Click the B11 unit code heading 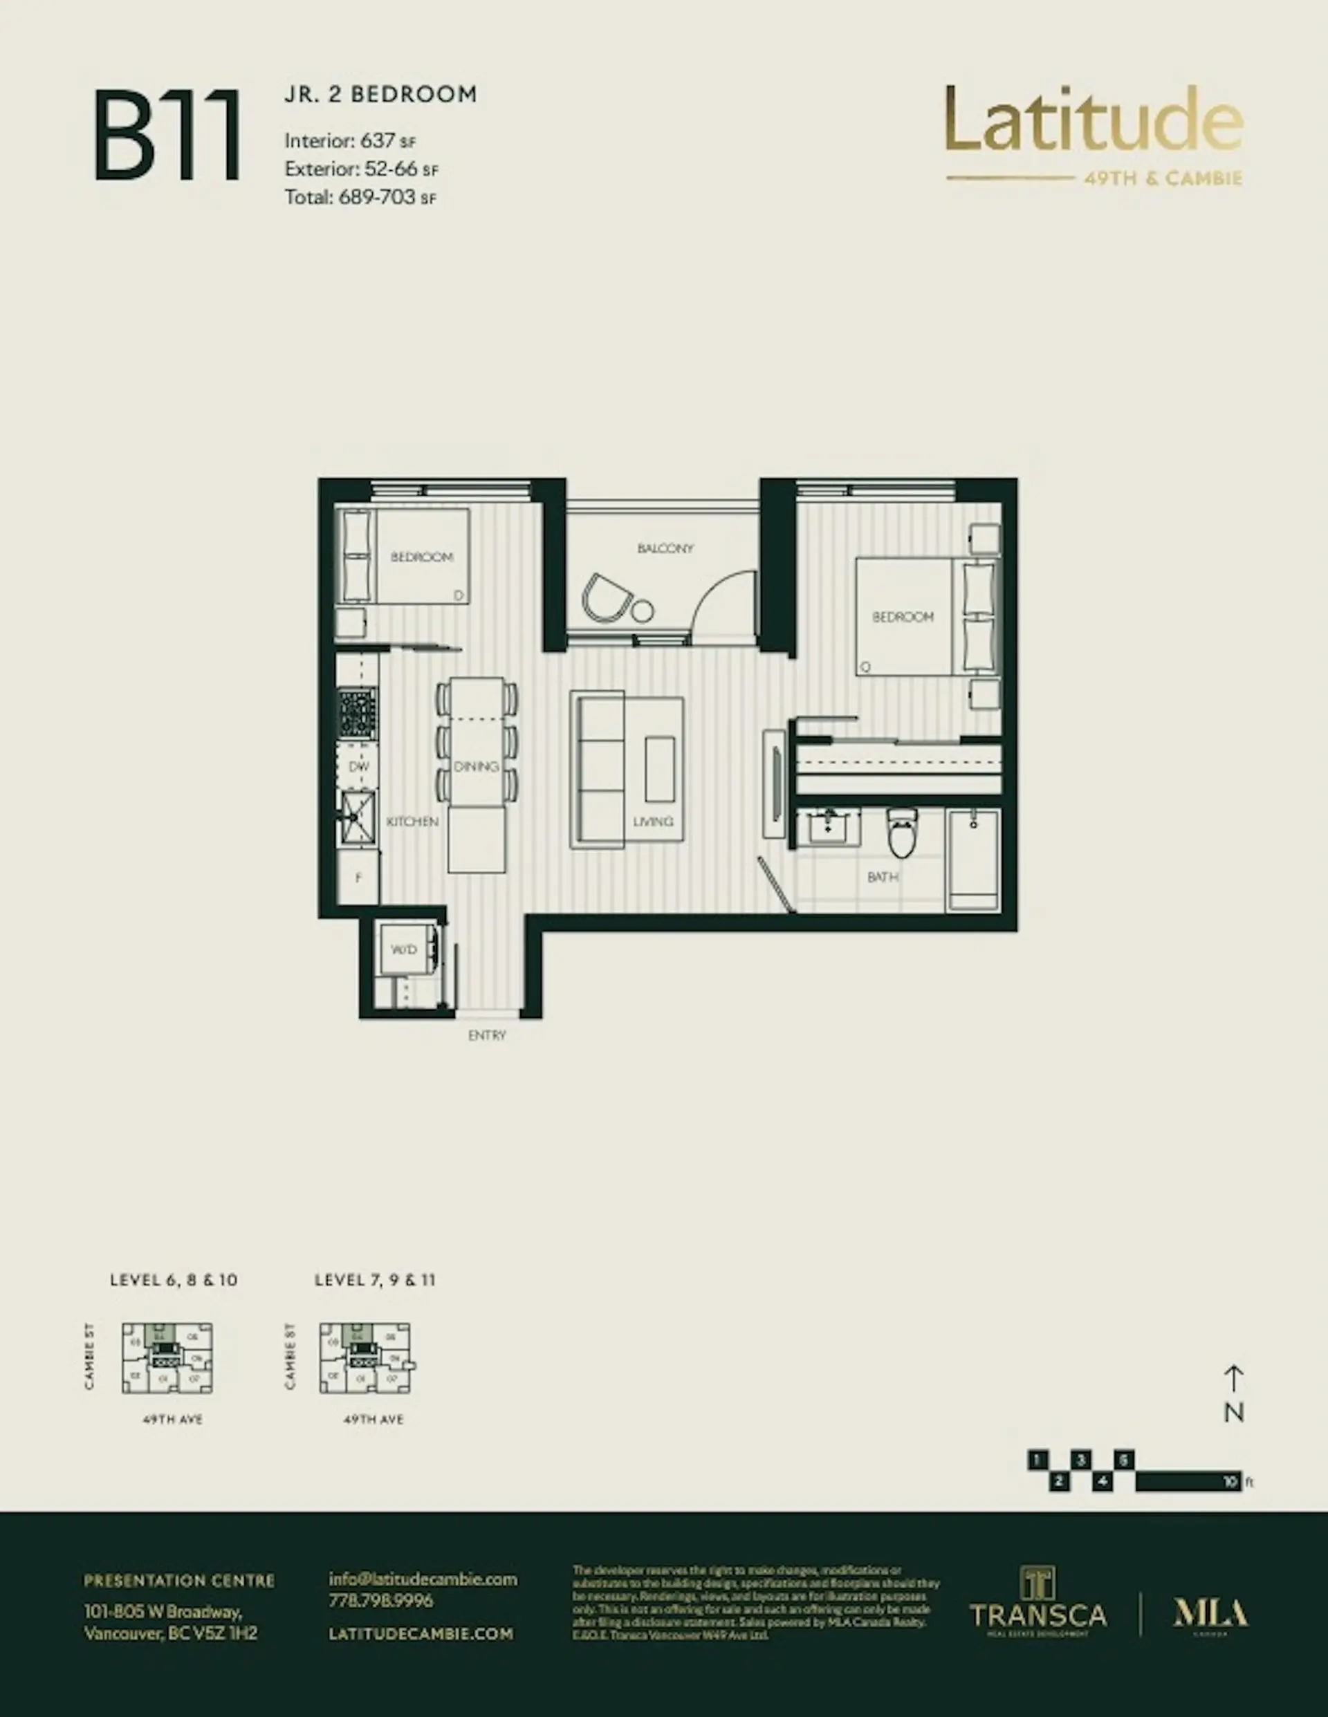pyautogui.click(x=167, y=136)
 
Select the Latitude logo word pyautogui.click(x=1094, y=120)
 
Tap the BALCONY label pyautogui.click(x=665, y=548)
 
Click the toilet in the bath pyautogui.click(x=903, y=834)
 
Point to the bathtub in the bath pyautogui.click(x=974, y=861)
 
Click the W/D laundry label pyautogui.click(x=403, y=949)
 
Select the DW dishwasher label pyautogui.click(x=358, y=766)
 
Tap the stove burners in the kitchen pyautogui.click(x=358, y=714)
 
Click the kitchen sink pyautogui.click(x=358, y=817)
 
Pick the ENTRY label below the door pyautogui.click(x=487, y=1035)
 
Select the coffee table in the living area pyautogui.click(x=660, y=768)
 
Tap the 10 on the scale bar pyautogui.click(x=1230, y=1482)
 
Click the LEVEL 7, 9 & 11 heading pyautogui.click(x=374, y=1280)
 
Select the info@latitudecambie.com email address pyautogui.click(x=423, y=1579)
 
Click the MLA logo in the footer pyautogui.click(x=1210, y=1614)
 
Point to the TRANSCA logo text pyautogui.click(x=1038, y=1615)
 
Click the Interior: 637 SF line pyautogui.click(x=350, y=142)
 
